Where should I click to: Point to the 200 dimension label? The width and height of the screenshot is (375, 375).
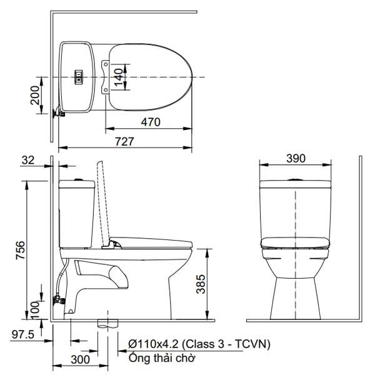click(36, 95)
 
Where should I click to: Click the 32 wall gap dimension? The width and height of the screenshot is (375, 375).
click(27, 160)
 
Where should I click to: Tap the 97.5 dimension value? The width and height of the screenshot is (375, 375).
click(22, 335)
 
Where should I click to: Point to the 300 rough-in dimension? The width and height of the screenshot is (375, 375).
click(79, 361)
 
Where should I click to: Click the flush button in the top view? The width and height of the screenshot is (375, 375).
click(79, 76)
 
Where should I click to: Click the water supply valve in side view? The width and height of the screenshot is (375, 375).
click(61, 299)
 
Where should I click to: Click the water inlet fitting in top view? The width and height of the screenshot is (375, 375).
click(57, 112)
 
